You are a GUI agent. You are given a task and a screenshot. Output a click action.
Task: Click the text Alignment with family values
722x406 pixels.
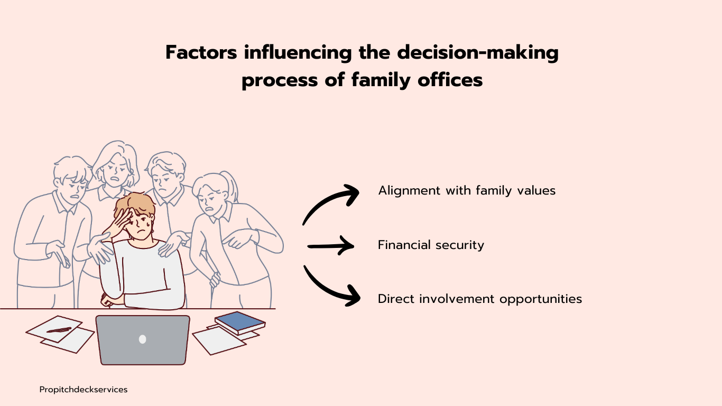click(467, 190)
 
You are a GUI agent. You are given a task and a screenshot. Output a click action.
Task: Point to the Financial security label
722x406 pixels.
click(431, 245)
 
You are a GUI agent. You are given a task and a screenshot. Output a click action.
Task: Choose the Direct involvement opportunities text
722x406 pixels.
click(479, 299)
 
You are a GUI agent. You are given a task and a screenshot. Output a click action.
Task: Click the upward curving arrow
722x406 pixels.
click(330, 204)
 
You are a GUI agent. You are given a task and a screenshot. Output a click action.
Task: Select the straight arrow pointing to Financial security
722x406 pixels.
click(330, 245)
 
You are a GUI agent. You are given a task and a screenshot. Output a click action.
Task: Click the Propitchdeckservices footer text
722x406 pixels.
click(84, 390)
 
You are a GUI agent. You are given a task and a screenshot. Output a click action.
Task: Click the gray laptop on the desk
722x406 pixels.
click(143, 339)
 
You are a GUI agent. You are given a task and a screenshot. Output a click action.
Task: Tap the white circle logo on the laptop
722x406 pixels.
click(142, 339)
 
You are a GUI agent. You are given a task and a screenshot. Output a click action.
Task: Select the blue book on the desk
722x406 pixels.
click(239, 321)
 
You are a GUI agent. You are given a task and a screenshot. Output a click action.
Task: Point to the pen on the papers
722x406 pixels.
click(59, 330)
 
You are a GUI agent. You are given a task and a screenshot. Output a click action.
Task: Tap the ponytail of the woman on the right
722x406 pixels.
click(232, 184)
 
